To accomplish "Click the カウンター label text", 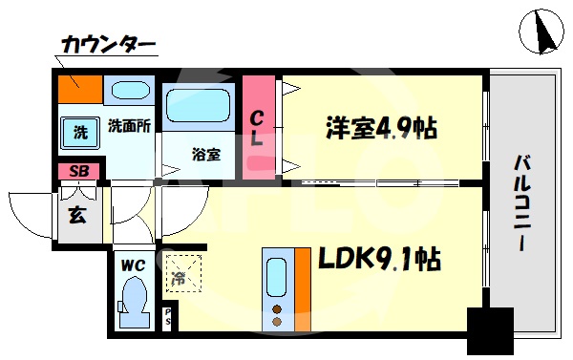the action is pyautogui.click(x=107, y=45).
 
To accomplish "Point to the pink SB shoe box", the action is pyautogui.click(x=79, y=172).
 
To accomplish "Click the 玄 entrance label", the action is pyautogui.click(x=76, y=213).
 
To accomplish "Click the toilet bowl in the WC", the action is pyautogui.click(x=133, y=301).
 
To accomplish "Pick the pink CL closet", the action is pyautogui.click(x=258, y=126).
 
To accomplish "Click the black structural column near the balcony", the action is pyautogui.click(x=490, y=330).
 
